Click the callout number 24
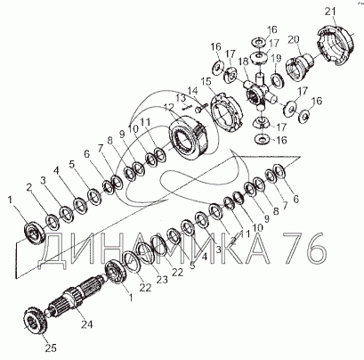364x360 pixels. [87, 324]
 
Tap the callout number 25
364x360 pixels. [51, 348]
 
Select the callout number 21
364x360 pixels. [330, 12]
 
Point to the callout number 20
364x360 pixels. [294, 39]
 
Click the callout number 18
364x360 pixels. [245, 61]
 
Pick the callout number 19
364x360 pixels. [276, 58]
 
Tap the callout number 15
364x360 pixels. [206, 81]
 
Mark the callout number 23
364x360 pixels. [162, 280]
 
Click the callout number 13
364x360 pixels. [181, 97]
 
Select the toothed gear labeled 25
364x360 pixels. [34, 322]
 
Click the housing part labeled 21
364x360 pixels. [336, 44]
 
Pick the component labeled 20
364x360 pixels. [300, 67]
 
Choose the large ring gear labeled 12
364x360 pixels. [188, 140]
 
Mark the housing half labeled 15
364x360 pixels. [226, 113]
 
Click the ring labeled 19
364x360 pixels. [278, 80]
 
